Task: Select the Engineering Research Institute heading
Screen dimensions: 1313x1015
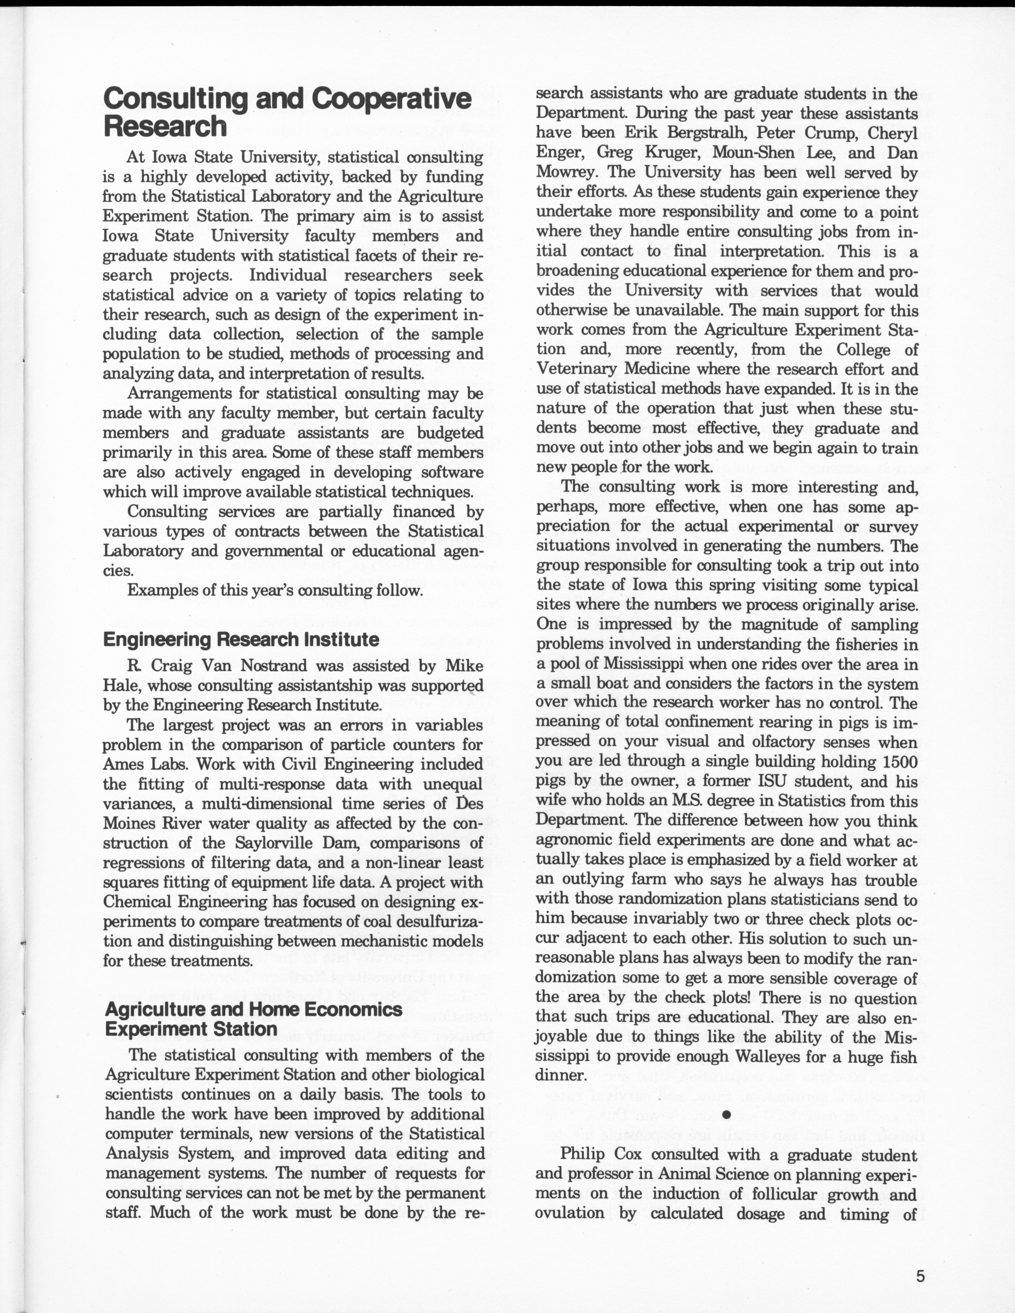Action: pos(241,639)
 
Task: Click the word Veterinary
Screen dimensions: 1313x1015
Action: pos(571,369)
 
